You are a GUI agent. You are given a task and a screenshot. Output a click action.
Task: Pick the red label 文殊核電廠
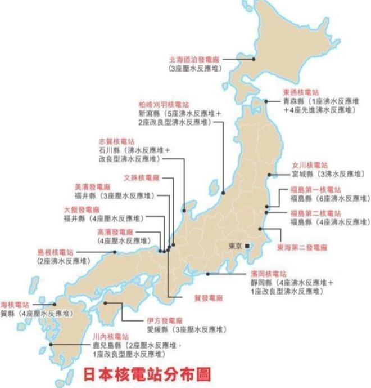pos(142,178)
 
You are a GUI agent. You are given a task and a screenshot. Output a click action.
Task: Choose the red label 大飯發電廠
pos(82,209)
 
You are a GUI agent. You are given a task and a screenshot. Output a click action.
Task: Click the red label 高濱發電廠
pos(115,231)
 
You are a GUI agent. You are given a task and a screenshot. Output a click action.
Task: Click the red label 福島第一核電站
pos(315,189)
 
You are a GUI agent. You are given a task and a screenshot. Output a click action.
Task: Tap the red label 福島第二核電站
pos(315,213)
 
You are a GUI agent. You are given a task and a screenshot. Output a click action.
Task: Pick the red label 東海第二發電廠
pos(302,247)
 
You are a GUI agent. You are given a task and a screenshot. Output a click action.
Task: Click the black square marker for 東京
pos(247,246)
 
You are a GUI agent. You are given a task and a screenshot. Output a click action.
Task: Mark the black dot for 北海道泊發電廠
pos(254,59)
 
